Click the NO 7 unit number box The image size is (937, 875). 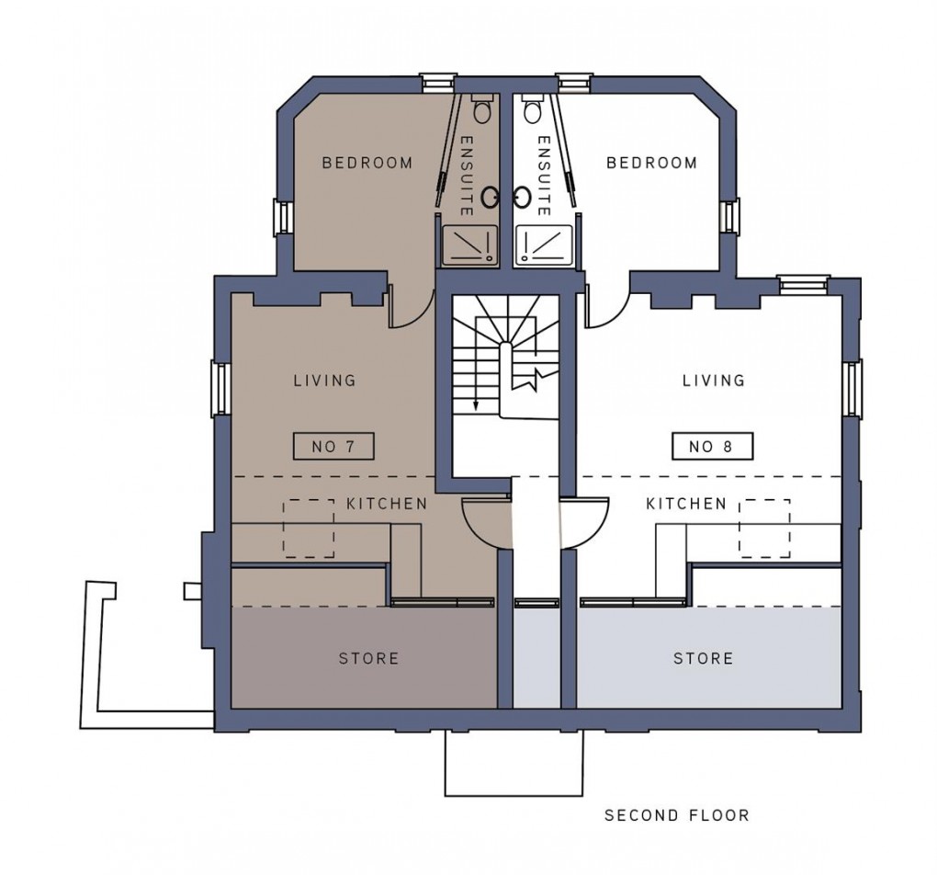point(333,447)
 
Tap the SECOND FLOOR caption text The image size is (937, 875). point(676,815)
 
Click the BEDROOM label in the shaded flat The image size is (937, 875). point(367,163)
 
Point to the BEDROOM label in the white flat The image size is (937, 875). point(652,163)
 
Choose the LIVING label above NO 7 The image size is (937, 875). point(324,380)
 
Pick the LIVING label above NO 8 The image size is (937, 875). point(714,380)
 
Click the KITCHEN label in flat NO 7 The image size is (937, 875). point(387,504)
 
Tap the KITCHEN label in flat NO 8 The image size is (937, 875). point(686,504)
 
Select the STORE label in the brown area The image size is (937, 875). point(368,658)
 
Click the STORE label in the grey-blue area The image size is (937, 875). point(704,658)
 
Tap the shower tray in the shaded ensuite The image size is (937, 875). point(469,245)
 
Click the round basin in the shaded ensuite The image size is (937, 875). point(491,194)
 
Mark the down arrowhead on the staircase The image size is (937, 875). point(477,405)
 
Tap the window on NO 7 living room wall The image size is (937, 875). point(220,388)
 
